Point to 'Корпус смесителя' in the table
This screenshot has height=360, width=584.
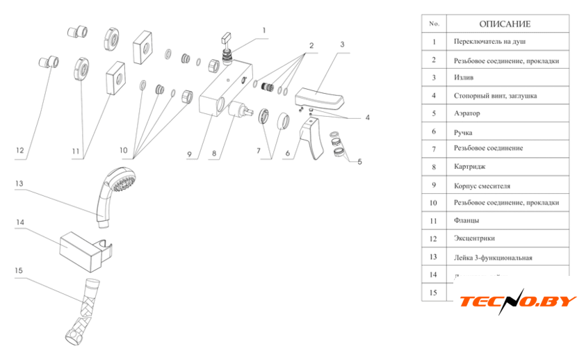[481, 186]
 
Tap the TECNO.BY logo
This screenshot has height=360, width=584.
[518, 301]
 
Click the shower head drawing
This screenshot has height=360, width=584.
[115, 190]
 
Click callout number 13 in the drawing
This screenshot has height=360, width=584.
[19, 183]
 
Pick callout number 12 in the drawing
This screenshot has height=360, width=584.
[19, 150]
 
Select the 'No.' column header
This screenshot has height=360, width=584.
[435, 24]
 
